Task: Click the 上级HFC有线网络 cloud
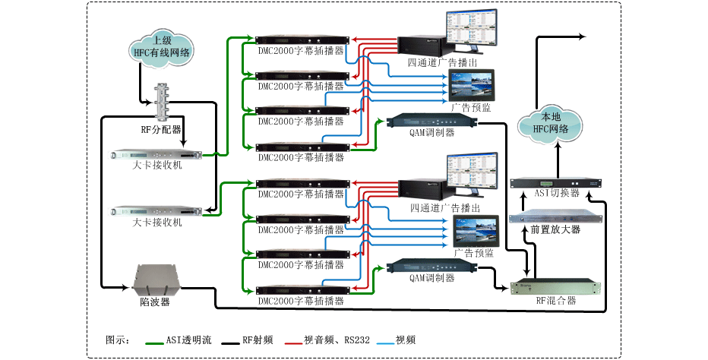click(x=161, y=47)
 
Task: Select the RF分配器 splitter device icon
click(x=162, y=103)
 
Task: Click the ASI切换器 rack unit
click(x=555, y=183)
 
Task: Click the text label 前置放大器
click(x=555, y=229)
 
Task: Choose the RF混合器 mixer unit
click(x=553, y=287)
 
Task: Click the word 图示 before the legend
click(x=116, y=339)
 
